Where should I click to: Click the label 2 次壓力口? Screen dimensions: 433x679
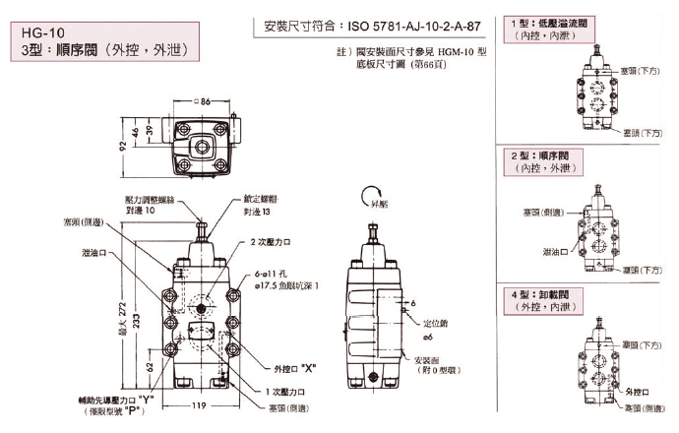[270, 241]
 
